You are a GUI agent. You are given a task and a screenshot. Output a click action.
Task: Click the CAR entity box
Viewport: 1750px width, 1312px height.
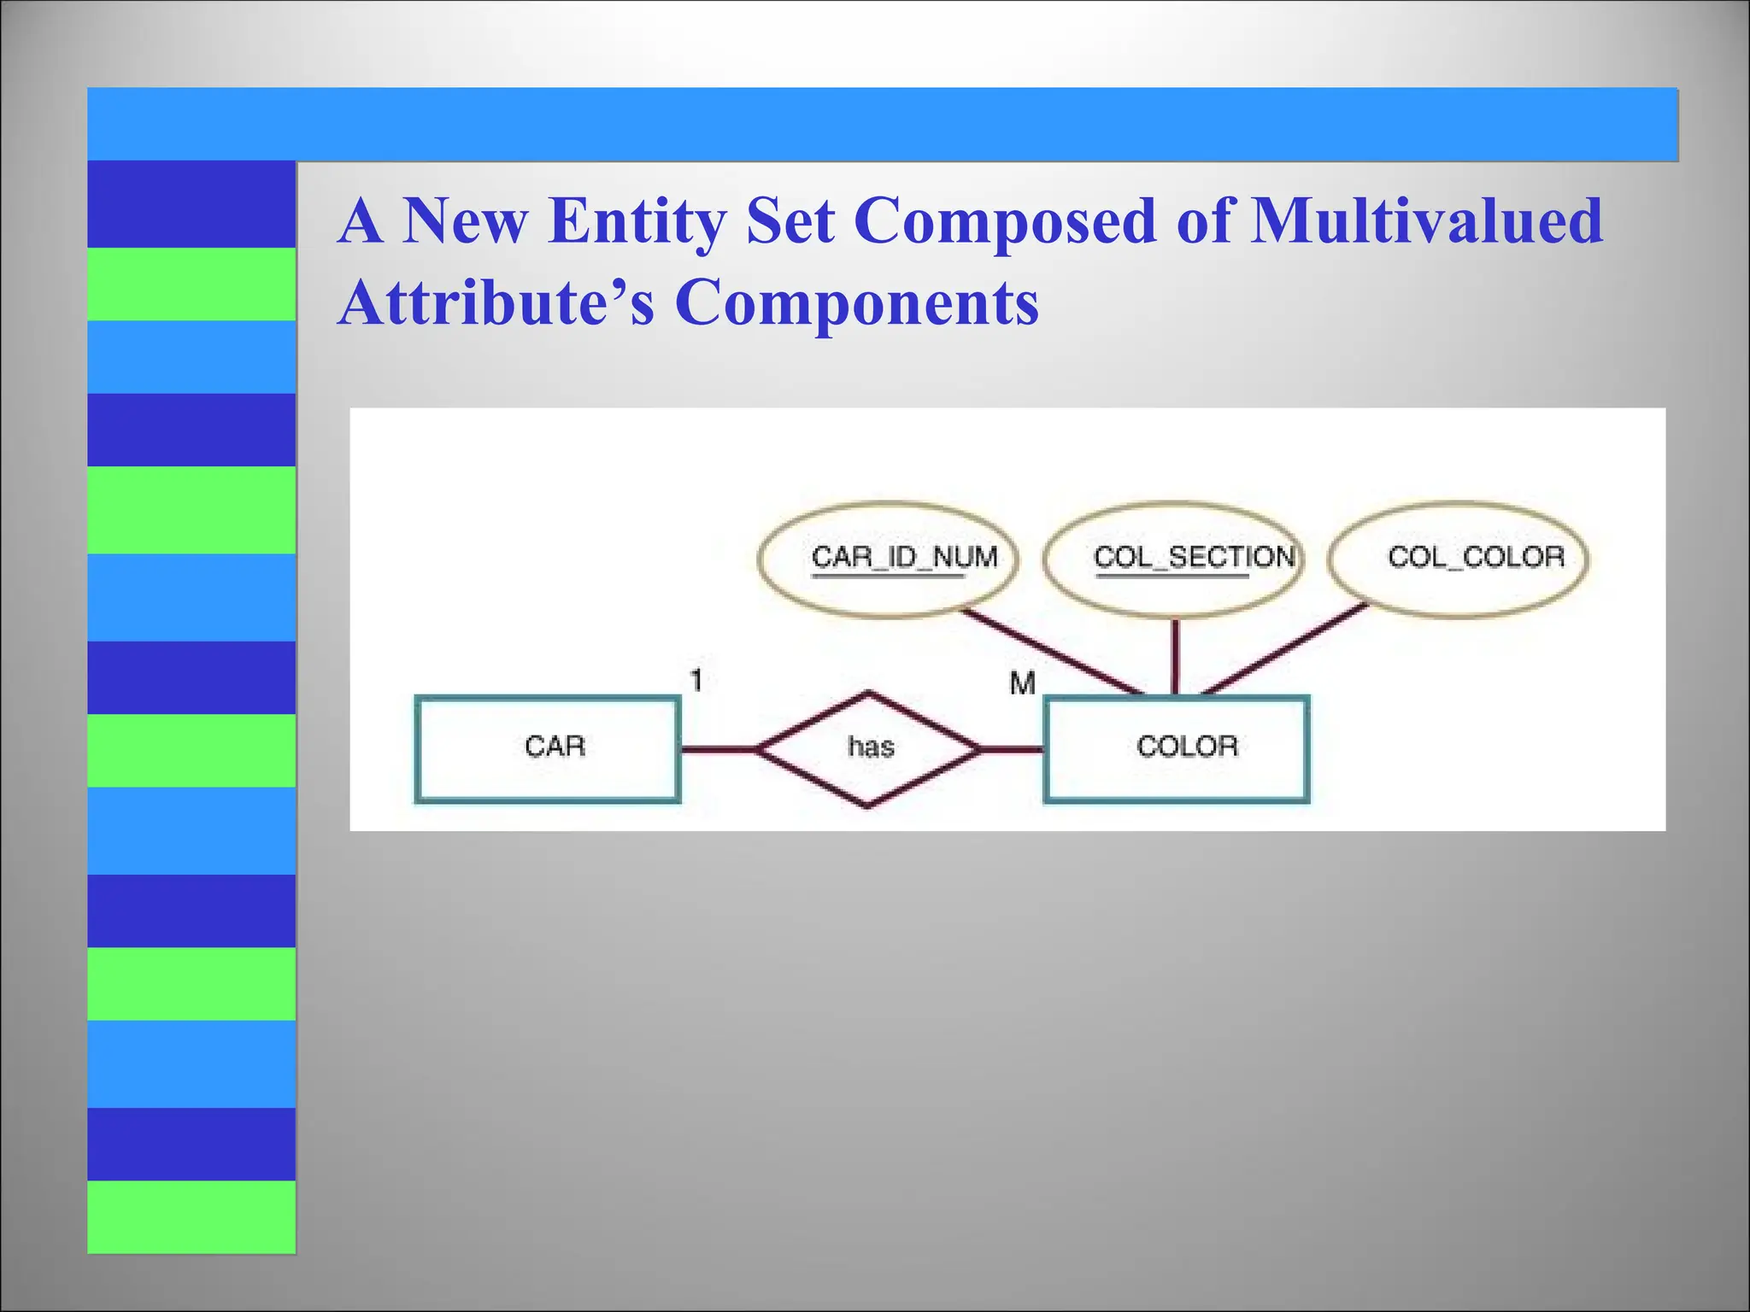click(x=547, y=748)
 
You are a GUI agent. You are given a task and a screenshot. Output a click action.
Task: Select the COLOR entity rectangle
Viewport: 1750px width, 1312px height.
click(x=1176, y=748)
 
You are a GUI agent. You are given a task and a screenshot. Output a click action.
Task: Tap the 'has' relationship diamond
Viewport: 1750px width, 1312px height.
click(x=869, y=748)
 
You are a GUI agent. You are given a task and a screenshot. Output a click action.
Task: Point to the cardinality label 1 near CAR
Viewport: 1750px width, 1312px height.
click(x=696, y=681)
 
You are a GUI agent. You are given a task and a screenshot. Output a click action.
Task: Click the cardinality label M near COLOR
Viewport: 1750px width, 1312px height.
click(x=1022, y=683)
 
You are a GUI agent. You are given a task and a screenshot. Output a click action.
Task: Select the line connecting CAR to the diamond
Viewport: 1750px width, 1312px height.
click(x=719, y=750)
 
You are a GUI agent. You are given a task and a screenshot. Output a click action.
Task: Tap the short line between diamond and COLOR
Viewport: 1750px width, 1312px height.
click(x=1013, y=750)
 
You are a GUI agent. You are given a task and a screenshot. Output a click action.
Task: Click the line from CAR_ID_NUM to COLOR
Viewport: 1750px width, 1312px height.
click(x=1051, y=651)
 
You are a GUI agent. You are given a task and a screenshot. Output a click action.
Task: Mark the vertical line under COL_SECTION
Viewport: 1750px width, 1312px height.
click(x=1175, y=656)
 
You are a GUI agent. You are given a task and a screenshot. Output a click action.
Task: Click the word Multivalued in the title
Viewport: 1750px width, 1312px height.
click(x=1426, y=221)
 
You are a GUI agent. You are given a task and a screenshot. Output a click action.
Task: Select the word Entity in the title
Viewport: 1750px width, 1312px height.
click(x=637, y=221)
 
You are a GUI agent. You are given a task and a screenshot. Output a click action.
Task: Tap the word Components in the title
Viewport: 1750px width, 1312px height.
click(x=856, y=303)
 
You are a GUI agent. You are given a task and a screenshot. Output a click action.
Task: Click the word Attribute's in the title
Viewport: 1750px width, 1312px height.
click(x=496, y=303)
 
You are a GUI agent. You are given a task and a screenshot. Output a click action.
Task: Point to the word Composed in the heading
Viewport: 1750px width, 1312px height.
click(x=1005, y=221)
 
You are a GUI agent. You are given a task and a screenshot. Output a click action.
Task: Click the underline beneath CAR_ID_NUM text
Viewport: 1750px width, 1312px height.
click(x=888, y=577)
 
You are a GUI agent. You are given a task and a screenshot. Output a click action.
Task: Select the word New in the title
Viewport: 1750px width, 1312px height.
click(x=465, y=221)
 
